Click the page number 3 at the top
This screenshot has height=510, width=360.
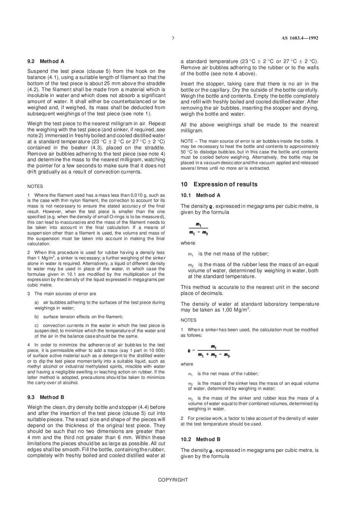pyautogui.click(x=173, y=38)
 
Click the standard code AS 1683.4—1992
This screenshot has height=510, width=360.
pyautogui.click(x=300, y=38)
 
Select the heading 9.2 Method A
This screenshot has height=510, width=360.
pyautogui.click(x=46, y=61)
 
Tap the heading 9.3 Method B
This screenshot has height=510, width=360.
pyautogui.click(x=46, y=397)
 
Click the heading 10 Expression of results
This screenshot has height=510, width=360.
pyautogui.click(x=219, y=184)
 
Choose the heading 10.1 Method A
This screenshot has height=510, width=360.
pyautogui.click(x=200, y=195)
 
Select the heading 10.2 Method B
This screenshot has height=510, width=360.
pyautogui.click(x=200, y=439)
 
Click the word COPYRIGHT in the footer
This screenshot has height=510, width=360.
pyautogui.click(x=173, y=480)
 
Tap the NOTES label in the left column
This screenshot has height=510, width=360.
pyautogui.click(x=35, y=187)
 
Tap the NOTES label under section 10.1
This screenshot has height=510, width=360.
pyautogui.click(x=188, y=320)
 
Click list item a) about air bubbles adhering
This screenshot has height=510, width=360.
pyautogui.click(x=100, y=305)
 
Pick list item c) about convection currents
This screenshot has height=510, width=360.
pyautogui.click(x=100, y=331)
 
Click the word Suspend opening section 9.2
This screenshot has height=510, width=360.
pyautogui.click(x=37, y=71)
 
